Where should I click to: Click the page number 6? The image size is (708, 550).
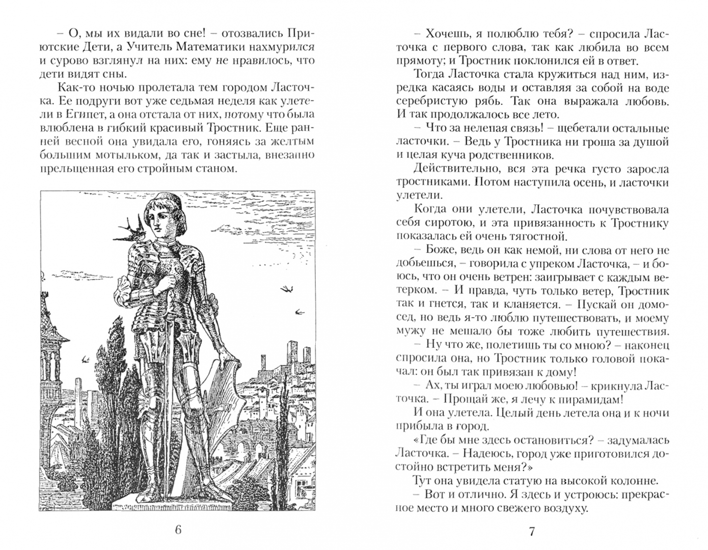click(x=178, y=530)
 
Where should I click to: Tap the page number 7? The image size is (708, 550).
click(x=532, y=532)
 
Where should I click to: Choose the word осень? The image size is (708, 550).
click(x=576, y=182)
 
